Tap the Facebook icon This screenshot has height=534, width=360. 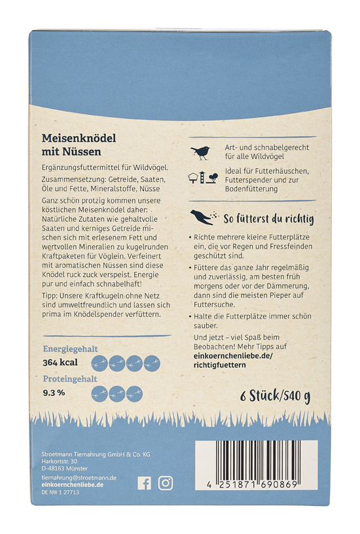coord(144,483)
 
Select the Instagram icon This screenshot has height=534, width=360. coord(166,483)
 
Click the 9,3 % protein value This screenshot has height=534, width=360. coord(53,393)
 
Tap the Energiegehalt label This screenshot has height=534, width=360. coord(70,349)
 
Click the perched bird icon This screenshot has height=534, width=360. coord(199,152)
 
